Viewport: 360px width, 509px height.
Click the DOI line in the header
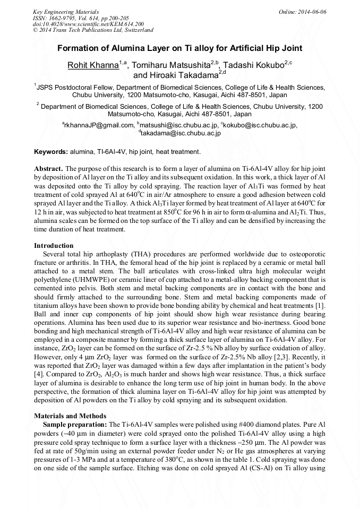point(88,24)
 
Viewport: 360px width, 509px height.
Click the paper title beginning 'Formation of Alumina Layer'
point(180,48)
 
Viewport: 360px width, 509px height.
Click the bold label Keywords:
point(51,152)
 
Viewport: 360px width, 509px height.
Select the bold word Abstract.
point(48,168)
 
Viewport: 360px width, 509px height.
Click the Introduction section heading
point(54,246)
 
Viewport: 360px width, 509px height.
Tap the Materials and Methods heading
point(70,416)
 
